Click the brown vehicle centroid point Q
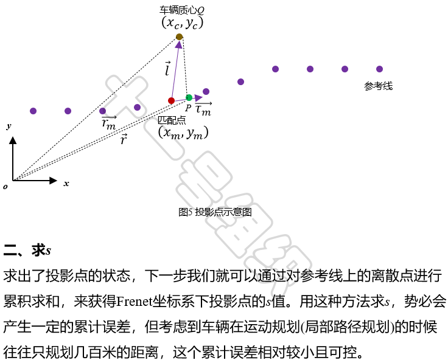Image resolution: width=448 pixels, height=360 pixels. click(180, 37)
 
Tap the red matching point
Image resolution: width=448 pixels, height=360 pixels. click(171, 100)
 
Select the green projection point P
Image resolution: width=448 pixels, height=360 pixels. click(189, 97)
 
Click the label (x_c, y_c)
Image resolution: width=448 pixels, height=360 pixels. click(182, 22)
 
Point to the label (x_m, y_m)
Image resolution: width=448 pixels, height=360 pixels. click(183, 133)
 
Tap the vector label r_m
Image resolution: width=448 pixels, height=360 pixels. click(109, 123)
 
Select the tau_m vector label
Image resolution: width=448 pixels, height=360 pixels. click(203, 110)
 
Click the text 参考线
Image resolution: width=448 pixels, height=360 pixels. click(378, 86)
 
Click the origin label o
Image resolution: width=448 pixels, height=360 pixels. click(5, 186)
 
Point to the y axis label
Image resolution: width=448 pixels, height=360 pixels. click(9, 126)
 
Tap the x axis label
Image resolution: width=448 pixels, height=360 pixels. click(66, 183)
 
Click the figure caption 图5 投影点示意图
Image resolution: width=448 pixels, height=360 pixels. click(215, 212)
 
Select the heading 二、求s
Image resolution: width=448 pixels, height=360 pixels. click(27, 250)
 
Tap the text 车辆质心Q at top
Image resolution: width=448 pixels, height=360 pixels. click(181, 10)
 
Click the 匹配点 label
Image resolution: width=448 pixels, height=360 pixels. click(172, 120)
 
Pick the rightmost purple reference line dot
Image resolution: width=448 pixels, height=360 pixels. click(379, 69)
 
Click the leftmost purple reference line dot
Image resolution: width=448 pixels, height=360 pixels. click(33, 111)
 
